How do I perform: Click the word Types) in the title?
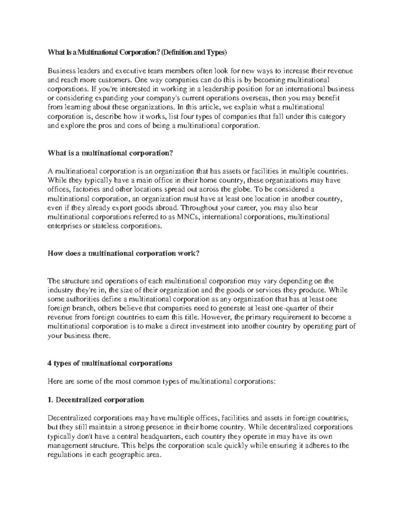tap(217, 53)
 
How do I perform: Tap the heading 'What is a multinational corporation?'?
tap(110, 153)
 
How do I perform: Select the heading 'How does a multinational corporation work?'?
tap(124, 253)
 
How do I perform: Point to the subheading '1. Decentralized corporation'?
tap(96, 400)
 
